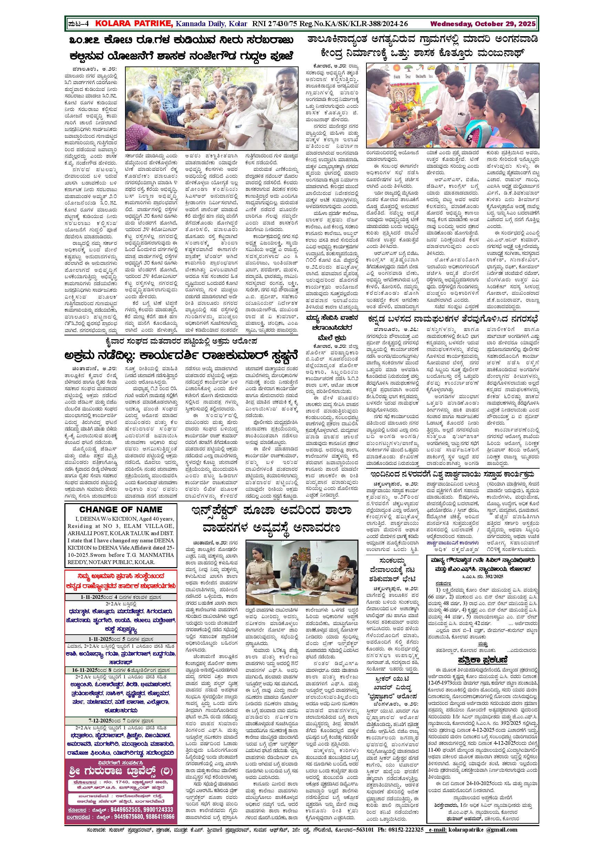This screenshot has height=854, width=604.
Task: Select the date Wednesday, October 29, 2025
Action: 483,24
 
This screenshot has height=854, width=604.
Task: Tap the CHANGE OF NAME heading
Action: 121,509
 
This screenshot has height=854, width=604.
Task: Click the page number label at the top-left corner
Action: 79,24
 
